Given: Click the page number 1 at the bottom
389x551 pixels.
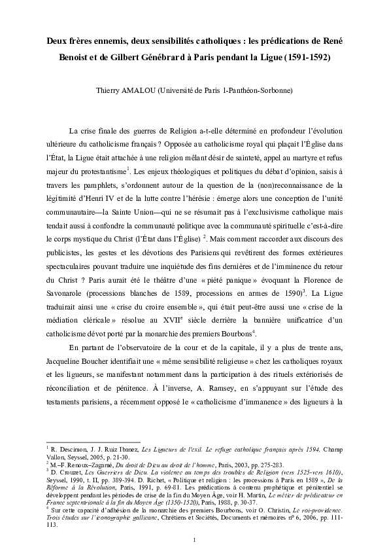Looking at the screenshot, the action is tap(194, 539).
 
